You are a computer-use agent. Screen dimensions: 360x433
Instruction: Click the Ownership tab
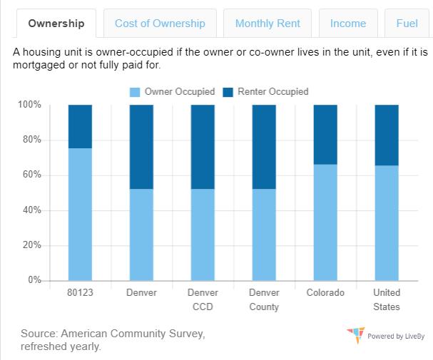(56, 24)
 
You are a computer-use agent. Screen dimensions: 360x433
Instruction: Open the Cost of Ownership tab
(160, 24)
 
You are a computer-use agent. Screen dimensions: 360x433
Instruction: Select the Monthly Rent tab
(268, 24)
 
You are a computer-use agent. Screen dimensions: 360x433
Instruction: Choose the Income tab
(348, 24)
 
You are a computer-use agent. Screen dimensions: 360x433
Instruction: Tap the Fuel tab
(407, 24)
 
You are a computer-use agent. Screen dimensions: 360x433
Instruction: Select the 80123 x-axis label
(80, 293)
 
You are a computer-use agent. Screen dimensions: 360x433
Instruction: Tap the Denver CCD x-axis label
(203, 299)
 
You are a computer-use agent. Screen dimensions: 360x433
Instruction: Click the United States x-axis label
(387, 299)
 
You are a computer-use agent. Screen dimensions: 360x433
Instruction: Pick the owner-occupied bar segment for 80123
(80, 214)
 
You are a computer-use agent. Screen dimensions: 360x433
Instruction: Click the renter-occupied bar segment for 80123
(80, 126)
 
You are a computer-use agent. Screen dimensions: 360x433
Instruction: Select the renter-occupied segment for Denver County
(264, 146)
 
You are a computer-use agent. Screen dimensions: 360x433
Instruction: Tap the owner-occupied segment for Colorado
(325, 222)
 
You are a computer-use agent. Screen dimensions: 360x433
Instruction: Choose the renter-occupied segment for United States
(387, 135)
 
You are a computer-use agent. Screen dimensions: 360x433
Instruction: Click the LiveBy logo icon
(355, 334)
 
